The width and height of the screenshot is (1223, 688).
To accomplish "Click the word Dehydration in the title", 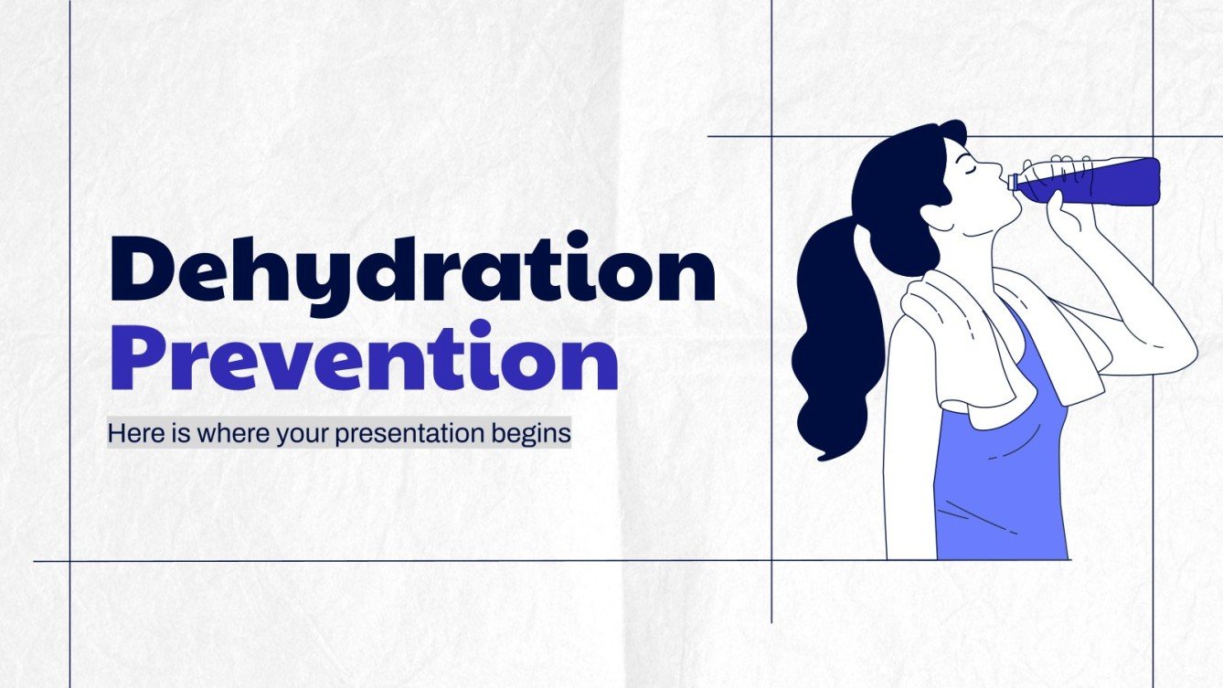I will point(411,267).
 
